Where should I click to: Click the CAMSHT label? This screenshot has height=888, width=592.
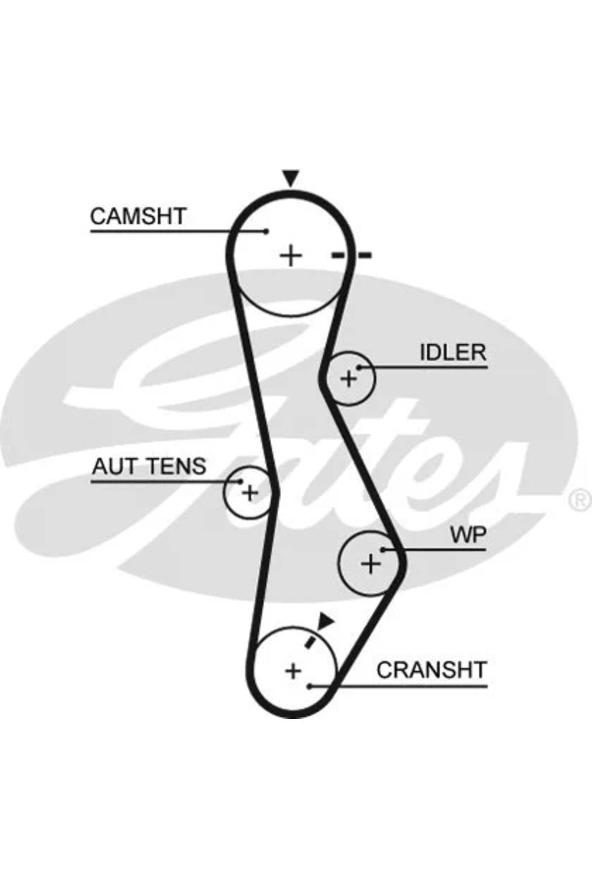[x=138, y=216]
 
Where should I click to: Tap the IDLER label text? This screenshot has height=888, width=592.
[x=452, y=352]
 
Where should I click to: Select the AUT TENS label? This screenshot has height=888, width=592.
[x=149, y=466]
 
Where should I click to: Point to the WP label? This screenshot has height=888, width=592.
[x=468, y=534]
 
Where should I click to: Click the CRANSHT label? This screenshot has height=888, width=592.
[x=431, y=670]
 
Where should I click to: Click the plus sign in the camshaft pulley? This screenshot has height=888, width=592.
[x=291, y=256]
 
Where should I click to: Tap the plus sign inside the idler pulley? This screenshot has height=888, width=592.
[x=349, y=379]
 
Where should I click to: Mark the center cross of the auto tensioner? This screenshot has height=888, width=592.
[x=250, y=492]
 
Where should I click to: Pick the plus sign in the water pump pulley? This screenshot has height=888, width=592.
[x=370, y=563]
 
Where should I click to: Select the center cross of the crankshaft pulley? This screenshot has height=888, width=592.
[x=293, y=670]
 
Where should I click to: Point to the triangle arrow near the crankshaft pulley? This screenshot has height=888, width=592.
[x=325, y=621]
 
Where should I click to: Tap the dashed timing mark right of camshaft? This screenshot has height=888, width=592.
[x=351, y=255]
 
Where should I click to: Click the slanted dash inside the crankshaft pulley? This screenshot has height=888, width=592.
[x=311, y=640]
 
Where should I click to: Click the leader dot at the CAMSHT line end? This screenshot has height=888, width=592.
[x=266, y=231]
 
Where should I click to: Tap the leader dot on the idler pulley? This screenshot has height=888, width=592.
[x=359, y=367]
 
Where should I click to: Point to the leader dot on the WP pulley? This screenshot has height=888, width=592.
[x=383, y=549]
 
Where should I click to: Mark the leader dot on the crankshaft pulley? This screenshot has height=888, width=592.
[x=309, y=686]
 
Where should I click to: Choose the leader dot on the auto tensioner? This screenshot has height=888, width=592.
[x=241, y=481]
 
